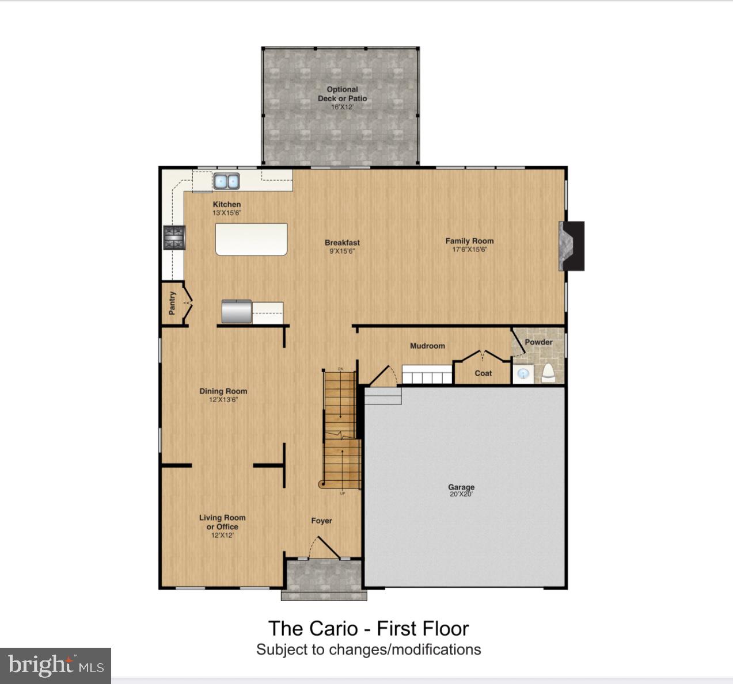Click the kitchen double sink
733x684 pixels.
[226, 181]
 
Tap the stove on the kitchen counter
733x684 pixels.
[174, 238]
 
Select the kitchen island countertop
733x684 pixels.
[251, 239]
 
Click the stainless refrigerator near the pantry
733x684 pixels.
[237, 311]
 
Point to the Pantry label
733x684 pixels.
[172, 303]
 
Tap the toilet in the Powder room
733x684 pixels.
[548, 373]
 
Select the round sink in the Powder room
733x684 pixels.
[523, 374]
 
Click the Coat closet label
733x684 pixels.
[483, 373]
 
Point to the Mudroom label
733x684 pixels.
[427, 346]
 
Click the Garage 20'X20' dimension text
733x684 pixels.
[461, 494]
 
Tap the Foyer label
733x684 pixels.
[321, 521]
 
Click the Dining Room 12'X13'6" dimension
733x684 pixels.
[223, 399]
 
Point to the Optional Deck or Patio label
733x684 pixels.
[342, 94]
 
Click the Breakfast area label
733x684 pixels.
[342, 243]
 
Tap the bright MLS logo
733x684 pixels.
[55, 666]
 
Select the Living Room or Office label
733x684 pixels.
[222, 522]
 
